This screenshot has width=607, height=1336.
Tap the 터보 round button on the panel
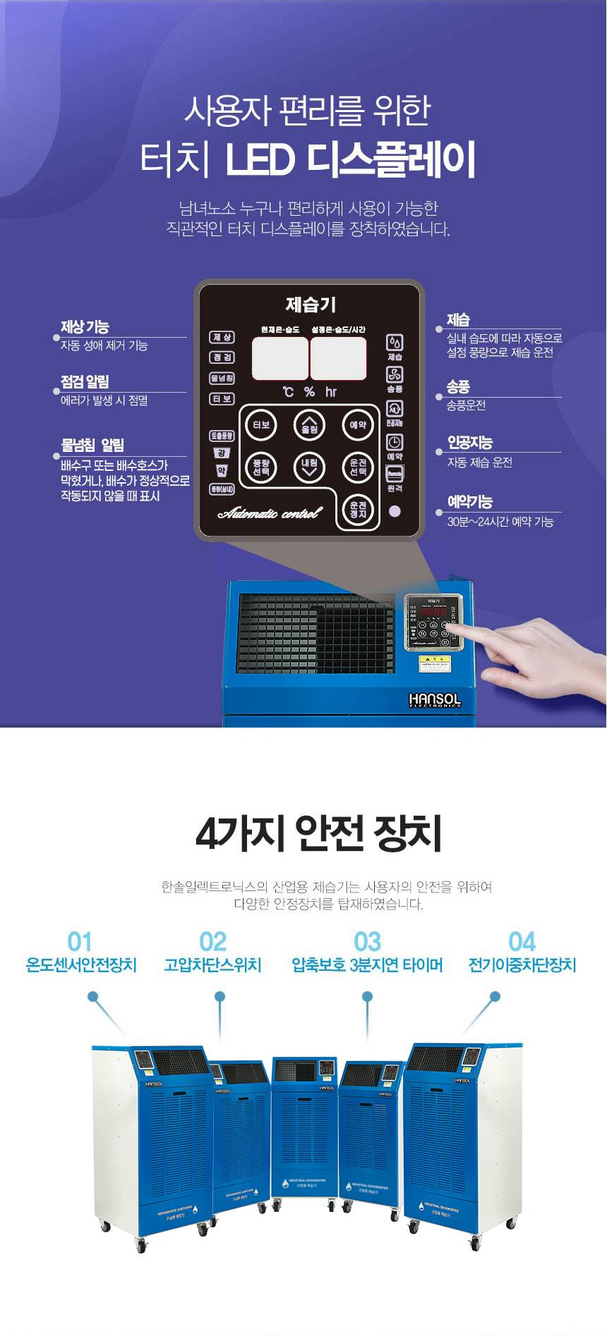pos(261,425)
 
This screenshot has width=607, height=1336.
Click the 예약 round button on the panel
pos(358,425)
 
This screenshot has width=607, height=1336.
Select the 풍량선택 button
pos(261,467)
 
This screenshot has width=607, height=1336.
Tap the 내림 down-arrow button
pos(309,467)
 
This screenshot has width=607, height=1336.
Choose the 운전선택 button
pos(358,467)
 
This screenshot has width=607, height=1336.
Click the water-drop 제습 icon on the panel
pos(395,343)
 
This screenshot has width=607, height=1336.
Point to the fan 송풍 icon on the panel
pos(395,374)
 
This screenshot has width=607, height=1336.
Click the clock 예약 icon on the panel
pos(395,442)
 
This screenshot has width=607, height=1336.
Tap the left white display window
pos(280,358)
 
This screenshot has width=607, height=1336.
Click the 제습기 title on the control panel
pos(311,305)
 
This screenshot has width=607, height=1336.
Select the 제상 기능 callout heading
pos(85,327)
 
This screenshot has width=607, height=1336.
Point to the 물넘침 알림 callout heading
pos(92,445)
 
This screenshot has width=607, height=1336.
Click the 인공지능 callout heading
pos(469,443)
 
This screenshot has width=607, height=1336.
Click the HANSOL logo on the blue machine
pos(434,699)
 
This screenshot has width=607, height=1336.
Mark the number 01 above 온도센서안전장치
pos(80,942)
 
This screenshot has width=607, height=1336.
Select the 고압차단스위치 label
pos(212,964)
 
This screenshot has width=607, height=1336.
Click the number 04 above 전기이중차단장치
pos(522,942)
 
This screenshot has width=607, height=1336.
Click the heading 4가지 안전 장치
pos(318,833)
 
